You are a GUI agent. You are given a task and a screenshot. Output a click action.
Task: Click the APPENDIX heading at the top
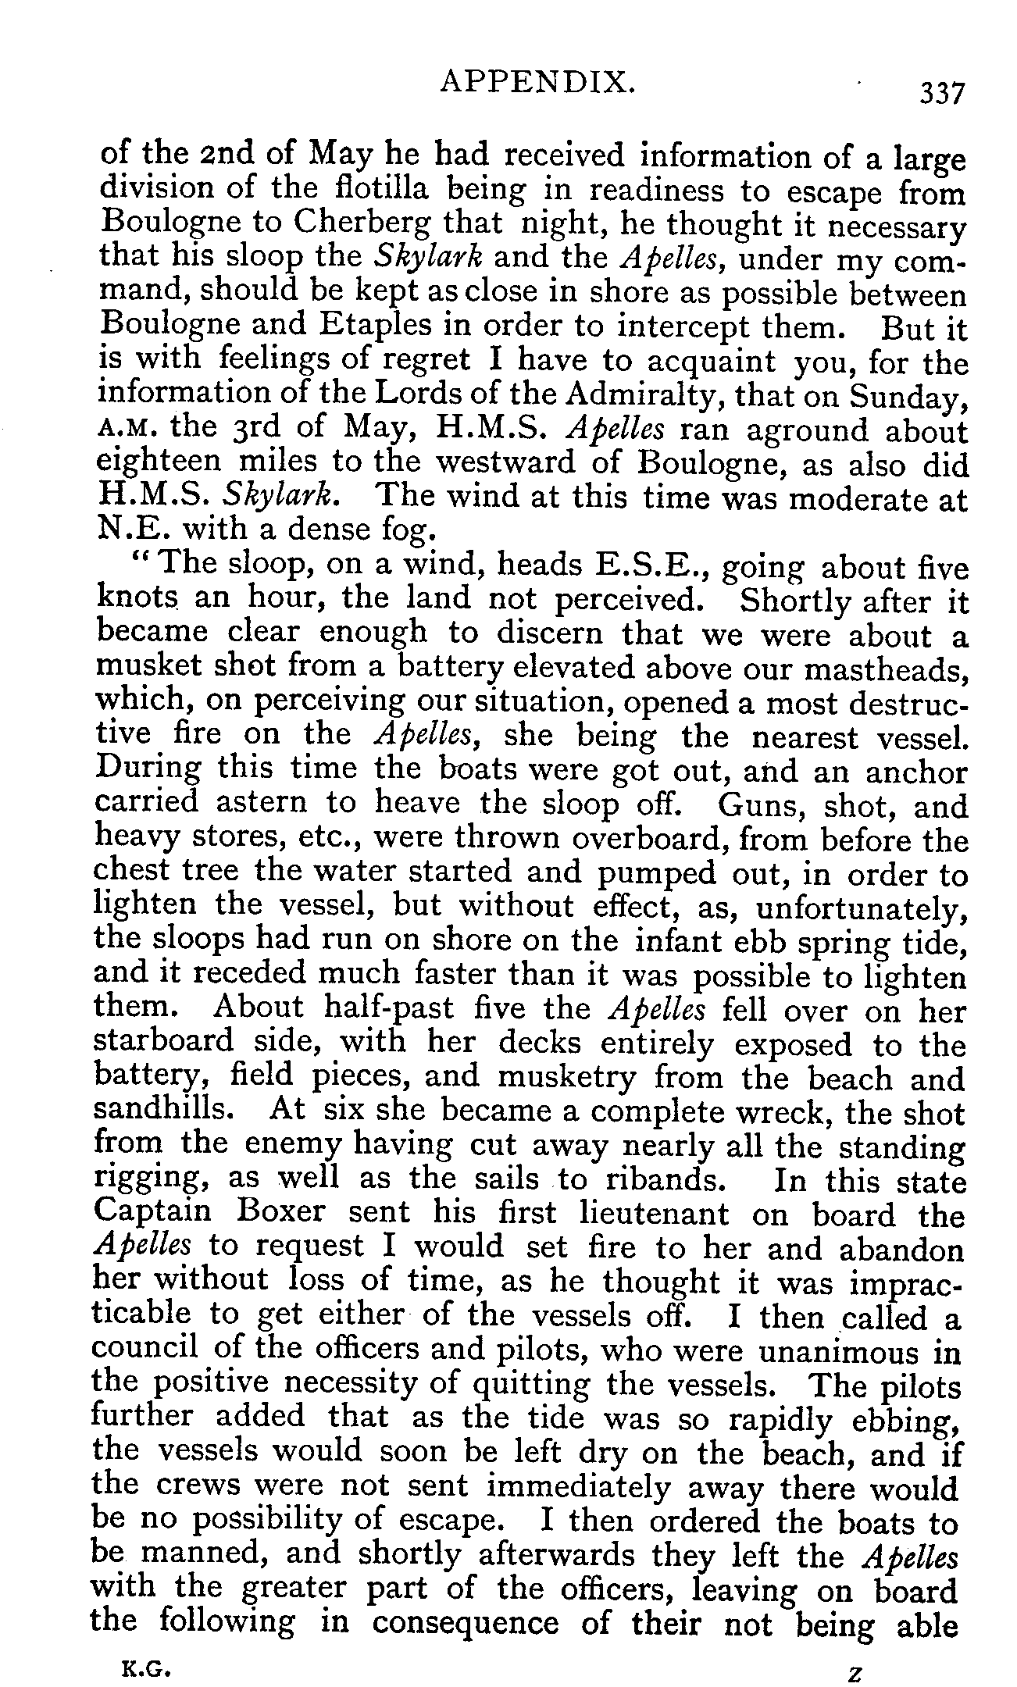point(537,82)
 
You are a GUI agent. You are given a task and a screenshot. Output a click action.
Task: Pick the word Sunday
point(909,397)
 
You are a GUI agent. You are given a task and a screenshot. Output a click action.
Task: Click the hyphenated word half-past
point(388,1010)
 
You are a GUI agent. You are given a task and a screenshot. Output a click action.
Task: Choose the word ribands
point(660,1179)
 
